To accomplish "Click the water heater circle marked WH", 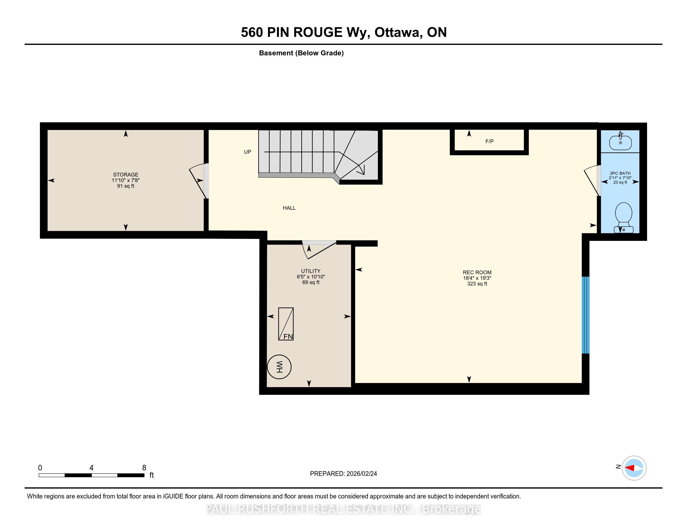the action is point(279,367).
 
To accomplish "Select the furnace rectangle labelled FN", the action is point(286,324).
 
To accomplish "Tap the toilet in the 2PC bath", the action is point(624,218).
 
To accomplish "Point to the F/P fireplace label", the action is point(489,141).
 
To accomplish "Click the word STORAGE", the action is point(126,175).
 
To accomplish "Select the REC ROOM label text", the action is point(477,272).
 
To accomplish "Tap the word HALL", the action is point(289,208).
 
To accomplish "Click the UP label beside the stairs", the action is point(248,152).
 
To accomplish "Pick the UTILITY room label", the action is point(311,271).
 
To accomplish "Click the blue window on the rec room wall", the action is point(585,315).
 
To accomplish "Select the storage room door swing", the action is point(198,181).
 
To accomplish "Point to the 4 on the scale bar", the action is point(91,468).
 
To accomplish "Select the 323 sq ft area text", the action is point(477,284).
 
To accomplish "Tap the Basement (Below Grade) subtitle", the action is point(301,53).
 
